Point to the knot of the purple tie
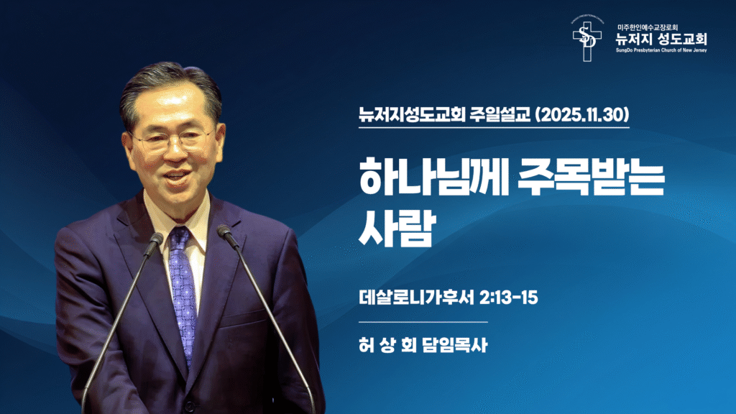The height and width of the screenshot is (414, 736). pos(179,236)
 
